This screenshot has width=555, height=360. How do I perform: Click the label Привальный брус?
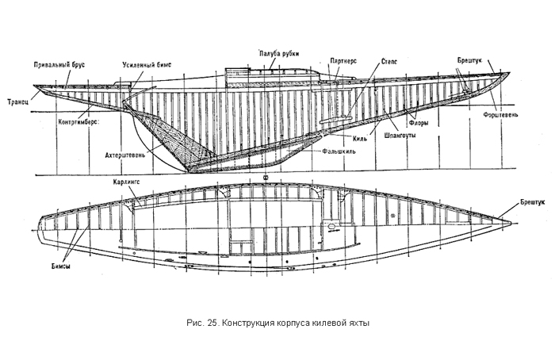point(59,65)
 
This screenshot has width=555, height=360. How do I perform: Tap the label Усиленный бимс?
point(147,65)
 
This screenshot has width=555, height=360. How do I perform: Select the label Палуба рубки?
point(279,54)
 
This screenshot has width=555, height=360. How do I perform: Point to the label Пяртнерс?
point(343,61)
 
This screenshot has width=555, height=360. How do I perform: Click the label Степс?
point(389,62)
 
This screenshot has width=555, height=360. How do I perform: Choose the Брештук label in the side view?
point(469,61)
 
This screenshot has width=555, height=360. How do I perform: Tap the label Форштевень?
point(500,115)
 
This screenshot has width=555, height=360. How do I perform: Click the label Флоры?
point(419,123)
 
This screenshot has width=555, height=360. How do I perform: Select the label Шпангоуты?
point(400,136)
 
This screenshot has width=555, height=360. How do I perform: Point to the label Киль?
point(360,138)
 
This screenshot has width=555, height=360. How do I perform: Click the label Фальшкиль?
point(339,151)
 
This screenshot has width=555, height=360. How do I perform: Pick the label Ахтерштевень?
point(125,155)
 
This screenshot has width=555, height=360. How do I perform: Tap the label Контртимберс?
point(78,122)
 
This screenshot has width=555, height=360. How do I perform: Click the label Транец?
point(18,102)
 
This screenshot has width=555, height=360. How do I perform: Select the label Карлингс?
point(126,182)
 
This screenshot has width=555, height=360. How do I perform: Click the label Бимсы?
point(60,266)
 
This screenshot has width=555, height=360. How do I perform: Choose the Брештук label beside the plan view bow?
point(533,202)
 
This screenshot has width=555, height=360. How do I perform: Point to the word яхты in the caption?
point(360,324)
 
